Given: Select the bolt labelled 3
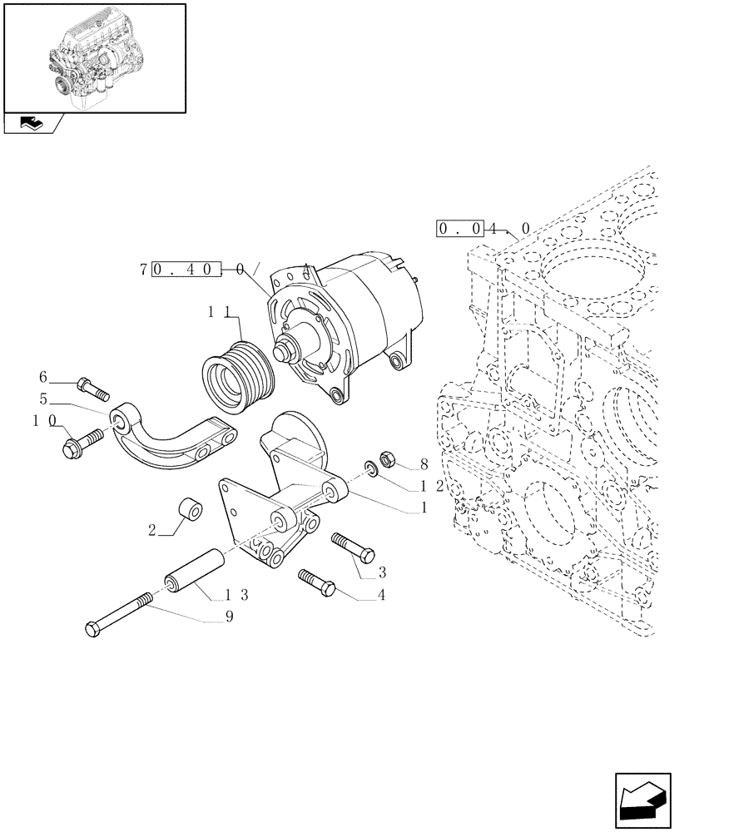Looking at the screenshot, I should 353,547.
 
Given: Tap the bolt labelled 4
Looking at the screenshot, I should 316,581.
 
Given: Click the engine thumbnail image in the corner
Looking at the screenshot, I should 94,57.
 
